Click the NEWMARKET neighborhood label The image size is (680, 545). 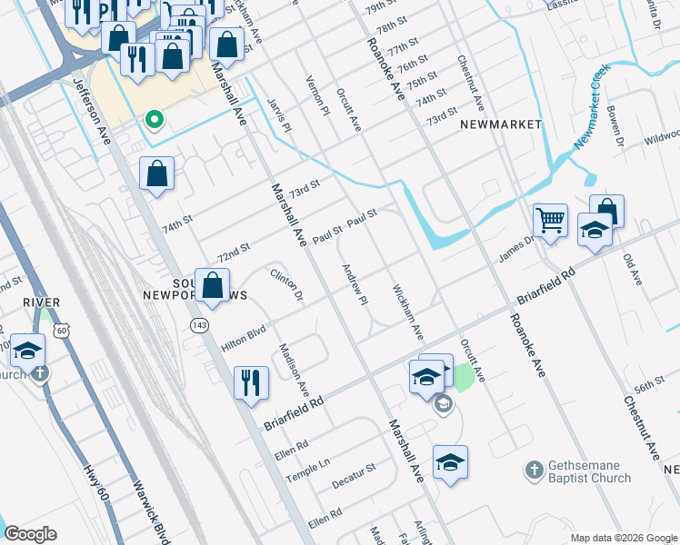(x=501, y=124)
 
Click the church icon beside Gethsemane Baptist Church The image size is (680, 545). (x=535, y=471)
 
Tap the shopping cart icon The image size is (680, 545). (x=550, y=220)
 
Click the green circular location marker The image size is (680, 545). (x=154, y=119)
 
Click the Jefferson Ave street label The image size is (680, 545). (x=92, y=110)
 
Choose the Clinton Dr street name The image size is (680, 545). (x=285, y=283)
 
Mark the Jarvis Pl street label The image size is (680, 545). (x=281, y=115)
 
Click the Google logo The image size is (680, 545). (x=30, y=534)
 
